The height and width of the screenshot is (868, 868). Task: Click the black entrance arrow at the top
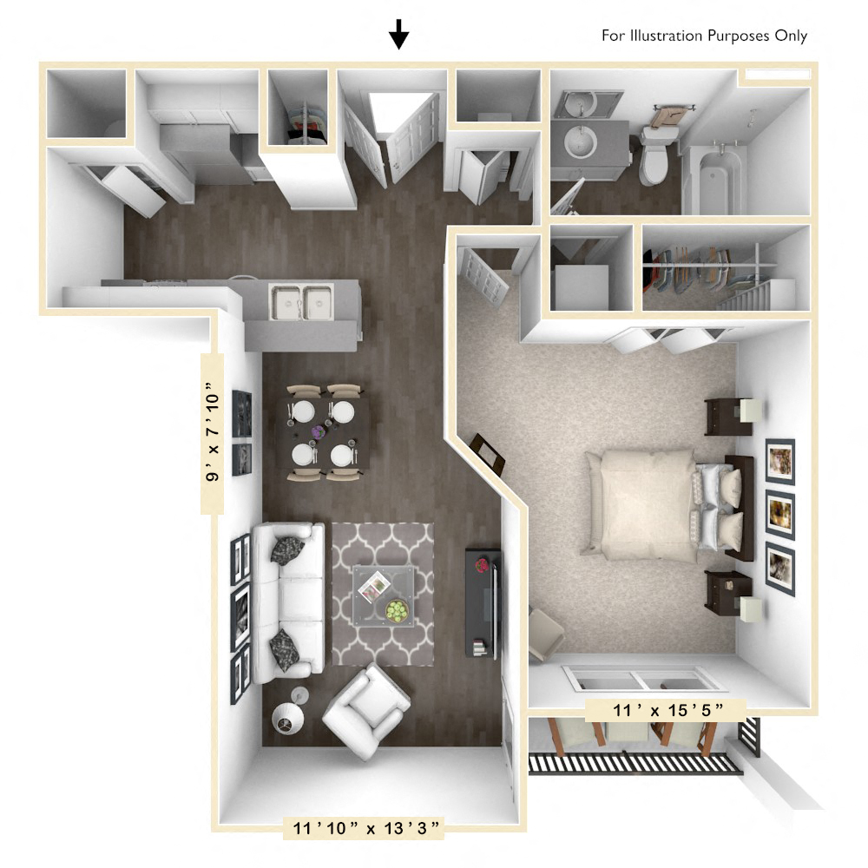[398, 34]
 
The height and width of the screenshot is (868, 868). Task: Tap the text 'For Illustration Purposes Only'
[704, 36]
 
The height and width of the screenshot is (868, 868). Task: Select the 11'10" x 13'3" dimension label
[365, 828]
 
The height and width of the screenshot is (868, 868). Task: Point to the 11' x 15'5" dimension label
[666, 711]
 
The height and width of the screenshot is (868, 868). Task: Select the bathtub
[714, 178]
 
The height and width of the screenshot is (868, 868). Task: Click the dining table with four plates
[325, 431]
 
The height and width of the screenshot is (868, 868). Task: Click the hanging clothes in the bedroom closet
[694, 269]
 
